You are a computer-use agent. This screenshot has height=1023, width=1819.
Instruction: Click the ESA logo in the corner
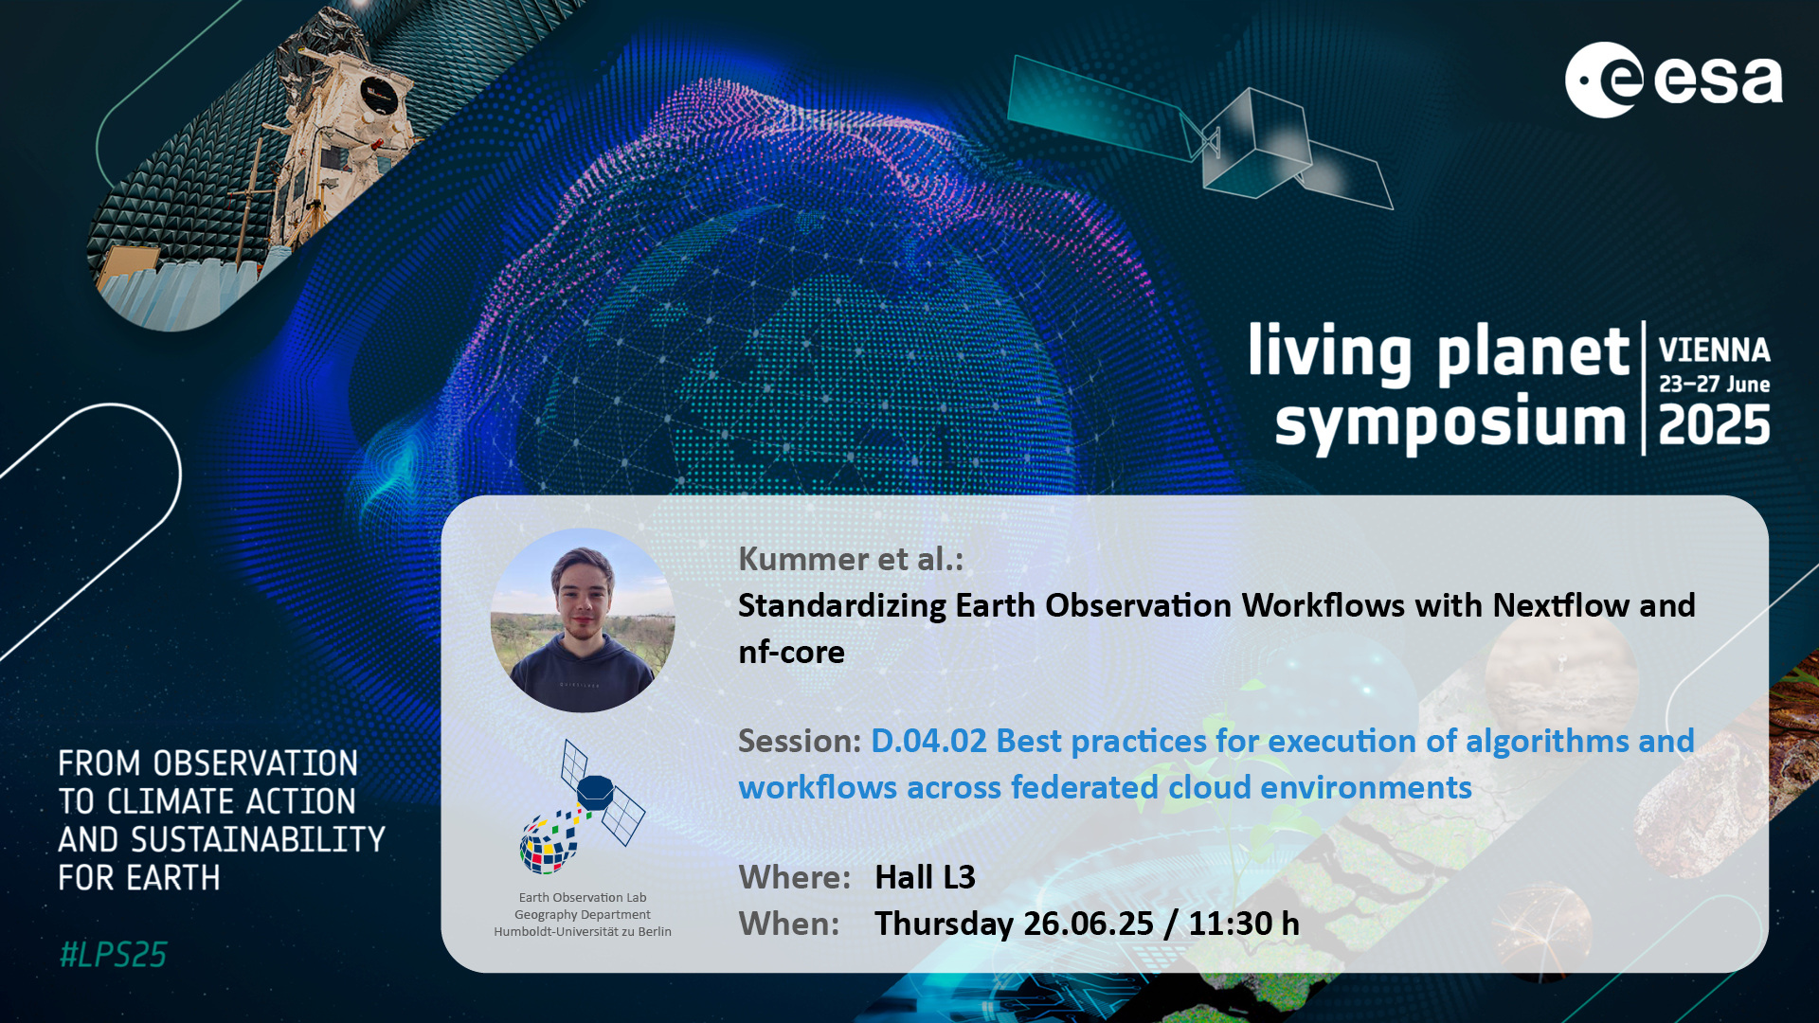(x=1674, y=80)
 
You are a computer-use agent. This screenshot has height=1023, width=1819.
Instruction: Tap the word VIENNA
(x=1714, y=350)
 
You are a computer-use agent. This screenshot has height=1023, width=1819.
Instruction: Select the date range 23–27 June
(x=1714, y=385)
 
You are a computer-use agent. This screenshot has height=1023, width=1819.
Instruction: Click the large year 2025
(x=1714, y=425)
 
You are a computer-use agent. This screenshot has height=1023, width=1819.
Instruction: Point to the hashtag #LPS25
(x=113, y=955)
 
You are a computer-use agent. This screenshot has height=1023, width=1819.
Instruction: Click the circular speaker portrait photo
(x=583, y=620)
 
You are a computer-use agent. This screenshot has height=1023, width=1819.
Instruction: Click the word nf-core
(x=791, y=652)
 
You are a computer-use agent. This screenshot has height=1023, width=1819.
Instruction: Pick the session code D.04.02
(x=928, y=741)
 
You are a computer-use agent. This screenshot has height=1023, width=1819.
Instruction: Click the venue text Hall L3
(x=925, y=877)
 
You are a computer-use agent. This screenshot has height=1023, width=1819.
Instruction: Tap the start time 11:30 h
(x=1244, y=924)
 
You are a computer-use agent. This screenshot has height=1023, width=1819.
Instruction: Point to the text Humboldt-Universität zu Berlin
(x=583, y=932)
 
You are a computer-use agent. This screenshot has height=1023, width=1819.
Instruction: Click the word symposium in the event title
(x=1450, y=424)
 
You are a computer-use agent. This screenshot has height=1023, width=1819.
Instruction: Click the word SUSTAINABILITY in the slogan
(x=258, y=840)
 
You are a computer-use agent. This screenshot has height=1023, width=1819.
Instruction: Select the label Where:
(x=794, y=877)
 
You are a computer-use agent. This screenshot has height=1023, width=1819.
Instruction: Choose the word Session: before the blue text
(x=800, y=741)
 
